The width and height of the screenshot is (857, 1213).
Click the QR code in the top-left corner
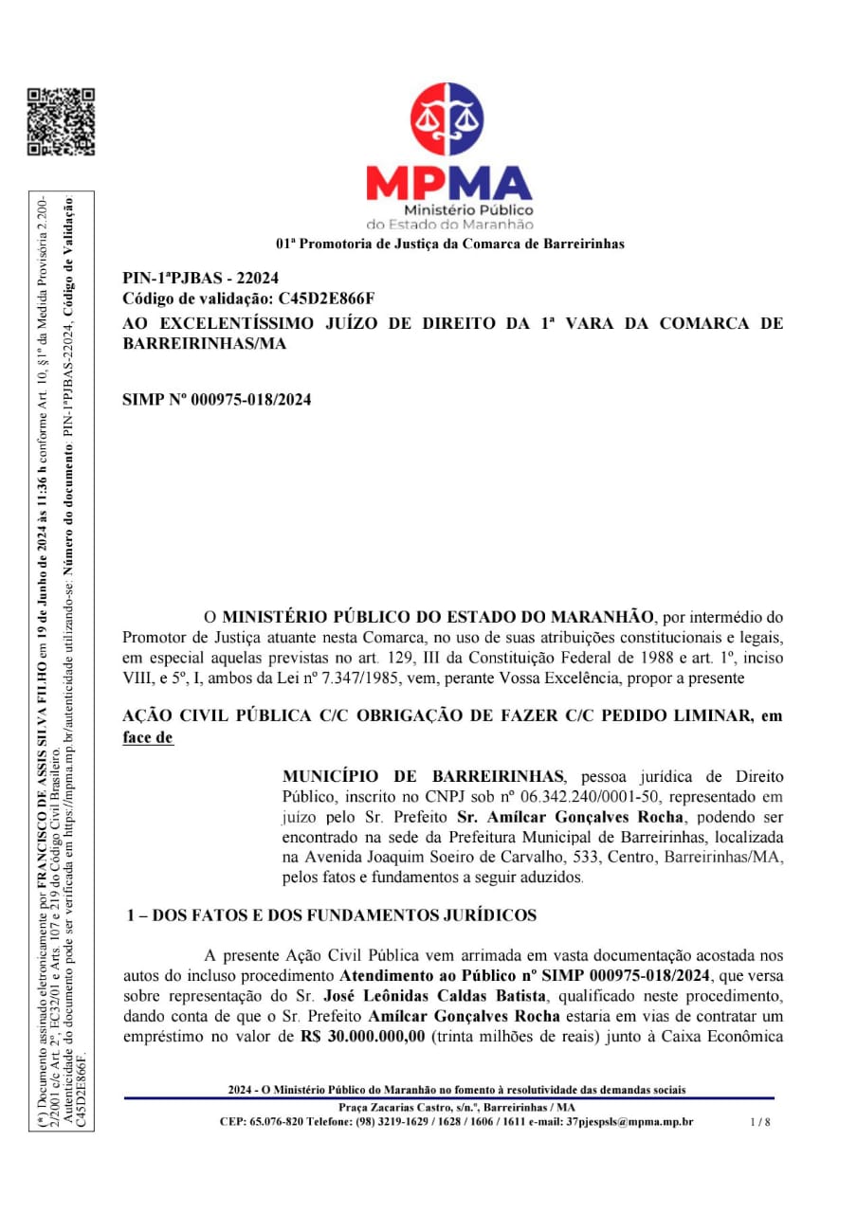[61, 121]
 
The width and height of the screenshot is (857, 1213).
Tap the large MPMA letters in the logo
[449, 182]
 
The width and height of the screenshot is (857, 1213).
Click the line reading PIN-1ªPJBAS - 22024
[201, 279]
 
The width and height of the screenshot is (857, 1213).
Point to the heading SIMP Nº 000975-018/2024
[217, 400]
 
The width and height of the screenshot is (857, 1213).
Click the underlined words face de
[148, 737]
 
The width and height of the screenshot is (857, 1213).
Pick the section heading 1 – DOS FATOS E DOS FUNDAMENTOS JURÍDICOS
[333, 915]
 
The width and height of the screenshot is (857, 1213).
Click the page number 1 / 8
[759, 1122]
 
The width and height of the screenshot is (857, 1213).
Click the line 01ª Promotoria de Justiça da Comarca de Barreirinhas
[450, 244]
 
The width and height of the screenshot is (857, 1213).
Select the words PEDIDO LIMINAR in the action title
[660, 716]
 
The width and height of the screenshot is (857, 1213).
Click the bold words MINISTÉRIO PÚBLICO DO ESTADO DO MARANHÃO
[437, 617]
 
